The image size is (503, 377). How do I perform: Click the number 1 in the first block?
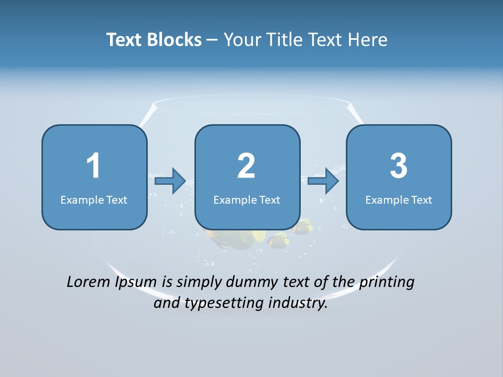tap(94, 166)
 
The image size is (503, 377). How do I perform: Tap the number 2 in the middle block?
tap(246, 166)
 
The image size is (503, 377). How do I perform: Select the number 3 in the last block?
tap(398, 166)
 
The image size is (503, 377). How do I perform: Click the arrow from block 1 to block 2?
tap(170, 181)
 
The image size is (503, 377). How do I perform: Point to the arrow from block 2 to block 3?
tap(323, 181)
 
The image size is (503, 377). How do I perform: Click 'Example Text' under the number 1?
tap(94, 199)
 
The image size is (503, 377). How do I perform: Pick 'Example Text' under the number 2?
tap(247, 199)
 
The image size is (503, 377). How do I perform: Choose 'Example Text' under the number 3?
tap(399, 199)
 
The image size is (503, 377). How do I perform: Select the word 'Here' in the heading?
tap(369, 40)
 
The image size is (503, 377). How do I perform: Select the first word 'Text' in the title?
tap(125, 40)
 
